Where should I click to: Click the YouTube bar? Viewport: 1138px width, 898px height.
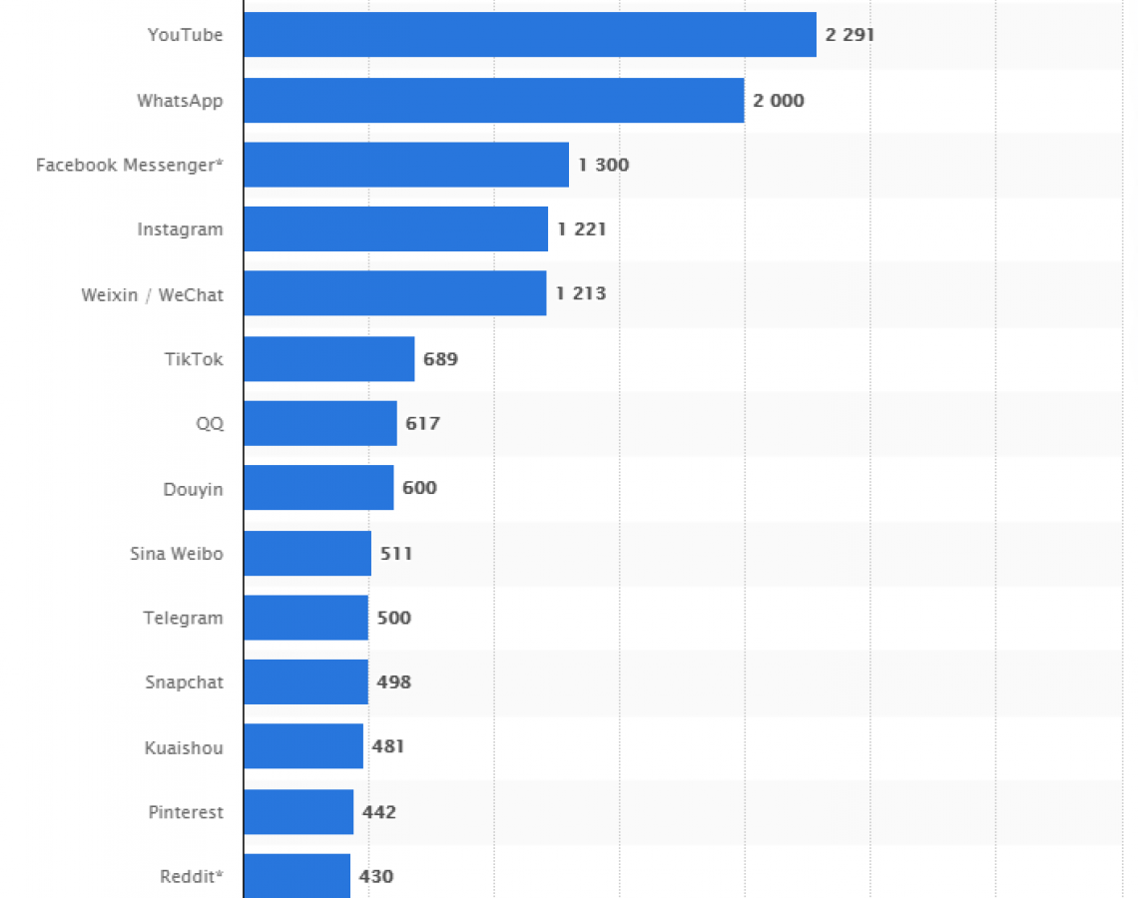coord(529,35)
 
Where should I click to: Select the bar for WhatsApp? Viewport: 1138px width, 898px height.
coord(493,100)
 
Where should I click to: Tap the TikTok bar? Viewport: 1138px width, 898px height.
coord(328,359)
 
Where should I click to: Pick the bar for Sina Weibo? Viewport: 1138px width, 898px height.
coord(306,553)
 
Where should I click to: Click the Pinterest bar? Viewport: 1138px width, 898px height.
coord(297,812)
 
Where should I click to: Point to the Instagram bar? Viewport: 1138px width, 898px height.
coord(395,229)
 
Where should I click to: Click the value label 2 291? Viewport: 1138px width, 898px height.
coord(850,35)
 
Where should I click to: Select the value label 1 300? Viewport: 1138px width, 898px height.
coord(603,165)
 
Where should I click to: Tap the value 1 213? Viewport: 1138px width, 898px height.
coord(581,294)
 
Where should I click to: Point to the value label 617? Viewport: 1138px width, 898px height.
coord(422,423)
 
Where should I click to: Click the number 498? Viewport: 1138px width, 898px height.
coord(393,682)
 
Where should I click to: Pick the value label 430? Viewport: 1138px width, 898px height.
coord(376,877)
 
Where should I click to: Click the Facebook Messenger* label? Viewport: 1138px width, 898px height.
coord(129,165)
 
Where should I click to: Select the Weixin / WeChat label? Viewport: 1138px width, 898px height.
coord(152,294)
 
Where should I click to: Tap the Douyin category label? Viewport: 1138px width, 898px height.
coord(193,489)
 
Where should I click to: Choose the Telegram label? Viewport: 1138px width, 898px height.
coord(183,618)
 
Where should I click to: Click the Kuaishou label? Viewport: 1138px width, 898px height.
coord(184,747)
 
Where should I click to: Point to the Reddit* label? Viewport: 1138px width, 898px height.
coord(191,877)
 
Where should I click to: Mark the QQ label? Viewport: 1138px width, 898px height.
coord(210,424)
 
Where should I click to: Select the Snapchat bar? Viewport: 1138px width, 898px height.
coord(305,682)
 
